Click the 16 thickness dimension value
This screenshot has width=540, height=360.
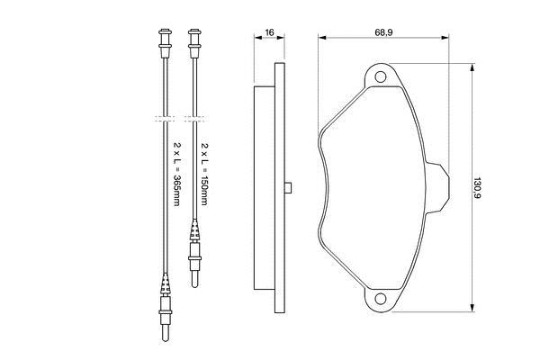269,32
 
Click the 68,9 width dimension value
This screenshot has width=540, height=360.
383,32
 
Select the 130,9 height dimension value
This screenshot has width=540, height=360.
477,188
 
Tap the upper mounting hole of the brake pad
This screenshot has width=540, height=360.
380,76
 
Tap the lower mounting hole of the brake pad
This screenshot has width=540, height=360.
380,298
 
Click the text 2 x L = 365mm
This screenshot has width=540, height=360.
176,174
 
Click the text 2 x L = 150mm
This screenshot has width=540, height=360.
204,174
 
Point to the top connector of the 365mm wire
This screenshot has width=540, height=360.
165,43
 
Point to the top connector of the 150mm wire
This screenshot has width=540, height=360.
194,43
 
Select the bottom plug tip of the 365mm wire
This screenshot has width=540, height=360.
166,333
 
